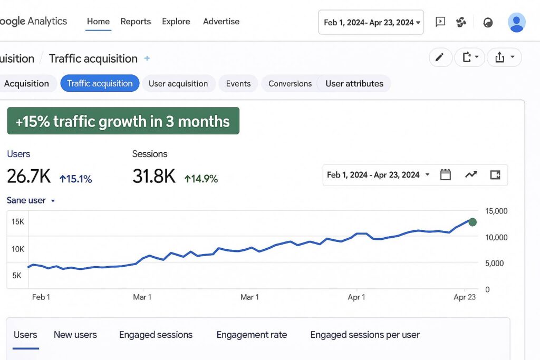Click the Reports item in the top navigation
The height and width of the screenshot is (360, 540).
point(136,22)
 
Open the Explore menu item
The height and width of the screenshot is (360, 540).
point(176,22)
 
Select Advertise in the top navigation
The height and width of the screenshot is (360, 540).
point(221,22)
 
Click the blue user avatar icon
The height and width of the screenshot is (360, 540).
point(516,22)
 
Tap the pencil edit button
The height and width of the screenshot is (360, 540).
point(440,57)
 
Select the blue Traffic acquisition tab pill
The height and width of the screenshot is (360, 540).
point(100,83)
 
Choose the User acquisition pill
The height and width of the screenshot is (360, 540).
point(178,83)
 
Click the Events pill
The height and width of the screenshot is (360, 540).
point(238,83)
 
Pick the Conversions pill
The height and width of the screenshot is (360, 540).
point(290,83)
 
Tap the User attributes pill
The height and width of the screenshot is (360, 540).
point(354,83)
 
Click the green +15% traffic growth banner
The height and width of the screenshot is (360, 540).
point(123,121)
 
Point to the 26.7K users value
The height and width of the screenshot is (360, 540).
point(29,177)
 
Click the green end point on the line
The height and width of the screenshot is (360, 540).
point(472,222)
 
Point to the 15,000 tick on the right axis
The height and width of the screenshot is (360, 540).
point(496,211)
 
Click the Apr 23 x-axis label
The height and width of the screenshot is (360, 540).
point(464,297)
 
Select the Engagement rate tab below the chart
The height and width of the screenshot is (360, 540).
point(252,335)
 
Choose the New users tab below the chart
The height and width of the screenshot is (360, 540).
point(75,335)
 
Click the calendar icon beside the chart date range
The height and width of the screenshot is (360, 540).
point(446,175)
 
